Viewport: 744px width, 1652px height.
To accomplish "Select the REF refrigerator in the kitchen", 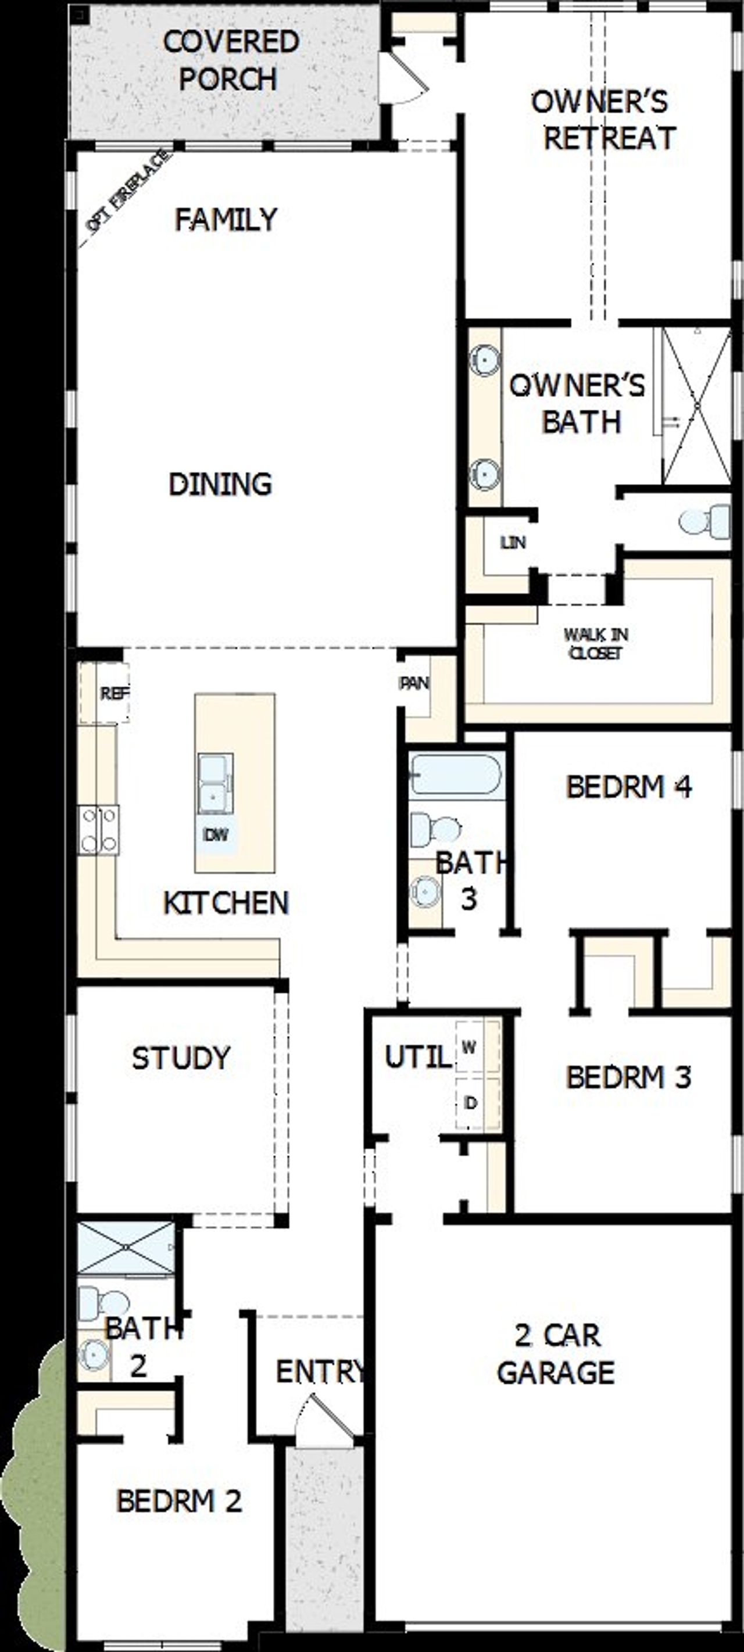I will (106, 693).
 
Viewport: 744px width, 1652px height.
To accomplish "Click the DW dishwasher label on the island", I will (215, 834).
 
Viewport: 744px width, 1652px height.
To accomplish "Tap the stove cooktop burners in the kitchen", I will (99, 830).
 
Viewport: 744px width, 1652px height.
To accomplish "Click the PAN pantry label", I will (414, 683).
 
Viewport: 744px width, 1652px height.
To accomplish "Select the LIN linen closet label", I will (513, 543).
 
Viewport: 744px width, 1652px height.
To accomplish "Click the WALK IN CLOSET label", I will (596, 643).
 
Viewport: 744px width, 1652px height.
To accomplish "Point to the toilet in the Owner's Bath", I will (704, 521).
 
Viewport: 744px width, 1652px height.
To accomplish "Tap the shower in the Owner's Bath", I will (696, 406).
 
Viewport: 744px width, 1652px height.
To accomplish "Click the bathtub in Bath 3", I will (455, 775).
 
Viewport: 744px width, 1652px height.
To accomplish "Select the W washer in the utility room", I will (470, 1047).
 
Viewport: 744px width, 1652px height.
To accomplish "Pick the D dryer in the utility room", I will (471, 1103).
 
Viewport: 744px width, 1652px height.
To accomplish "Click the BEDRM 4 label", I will (628, 787).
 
